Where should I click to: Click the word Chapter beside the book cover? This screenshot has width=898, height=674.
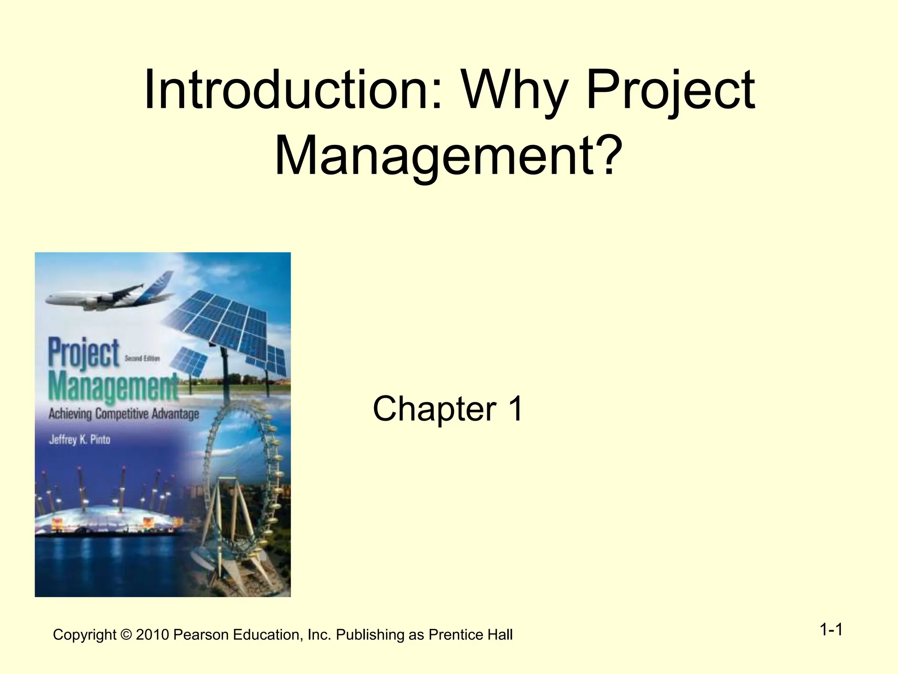coord(434,409)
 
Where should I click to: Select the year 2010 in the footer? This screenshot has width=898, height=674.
coord(152,635)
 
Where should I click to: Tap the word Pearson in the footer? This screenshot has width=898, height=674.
coord(201,635)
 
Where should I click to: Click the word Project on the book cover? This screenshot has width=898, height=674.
coord(84,353)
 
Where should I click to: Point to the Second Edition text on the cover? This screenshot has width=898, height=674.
coord(142,359)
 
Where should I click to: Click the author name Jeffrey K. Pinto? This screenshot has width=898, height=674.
coord(79,439)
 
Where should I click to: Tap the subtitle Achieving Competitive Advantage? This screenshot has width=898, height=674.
coord(124,414)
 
